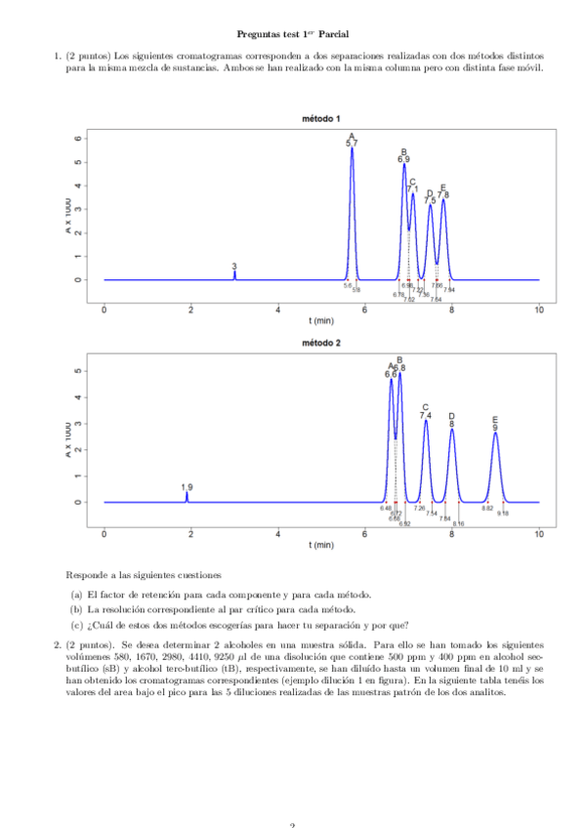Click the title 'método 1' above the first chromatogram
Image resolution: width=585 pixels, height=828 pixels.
click(321, 119)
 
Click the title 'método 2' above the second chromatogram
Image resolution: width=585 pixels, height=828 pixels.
click(321, 344)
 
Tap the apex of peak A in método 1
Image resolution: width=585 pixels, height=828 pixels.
click(353, 148)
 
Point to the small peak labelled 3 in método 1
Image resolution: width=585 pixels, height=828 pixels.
click(234, 273)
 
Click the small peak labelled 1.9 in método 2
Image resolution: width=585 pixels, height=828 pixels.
click(187, 495)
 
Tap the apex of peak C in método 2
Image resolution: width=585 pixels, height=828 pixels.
click(426, 421)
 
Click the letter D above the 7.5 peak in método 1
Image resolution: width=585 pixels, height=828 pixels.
click(430, 193)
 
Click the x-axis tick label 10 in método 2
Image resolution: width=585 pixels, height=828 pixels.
click(539, 533)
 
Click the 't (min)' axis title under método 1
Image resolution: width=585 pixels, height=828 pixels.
click(321, 320)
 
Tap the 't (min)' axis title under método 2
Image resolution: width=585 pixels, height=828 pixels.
click(321, 545)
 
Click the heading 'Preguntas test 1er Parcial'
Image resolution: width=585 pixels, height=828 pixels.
click(292, 35)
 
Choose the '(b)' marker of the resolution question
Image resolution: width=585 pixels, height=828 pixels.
click(76, 609)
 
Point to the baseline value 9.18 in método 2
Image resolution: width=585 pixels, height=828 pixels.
click(503, 514)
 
